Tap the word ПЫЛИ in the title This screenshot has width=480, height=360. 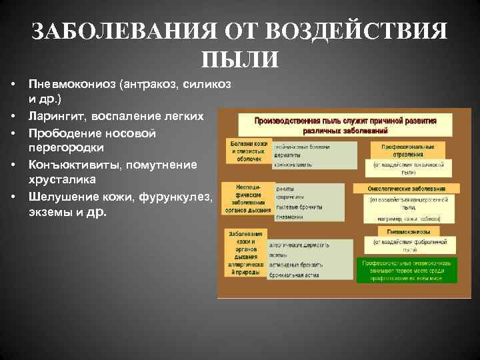[x=239, y=59]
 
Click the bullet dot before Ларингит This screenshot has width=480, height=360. [x=13, y=117]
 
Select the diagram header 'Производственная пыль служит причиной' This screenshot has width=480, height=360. [x=345, y=125]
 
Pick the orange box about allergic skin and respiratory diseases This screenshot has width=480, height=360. [x=244, y=253]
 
